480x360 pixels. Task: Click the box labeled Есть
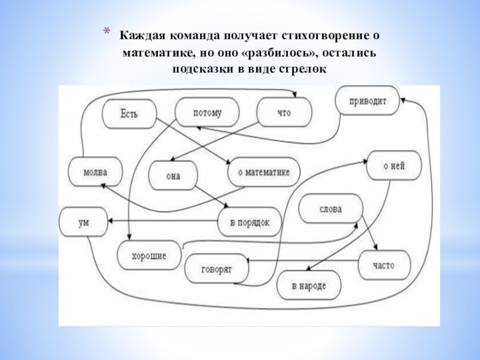130,113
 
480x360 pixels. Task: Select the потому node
207,113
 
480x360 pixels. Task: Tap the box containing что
284,113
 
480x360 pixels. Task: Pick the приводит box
368,101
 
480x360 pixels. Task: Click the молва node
95,172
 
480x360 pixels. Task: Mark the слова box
330,209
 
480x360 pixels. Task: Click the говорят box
217,269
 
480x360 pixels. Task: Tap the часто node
384,264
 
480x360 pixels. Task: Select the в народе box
309,286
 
